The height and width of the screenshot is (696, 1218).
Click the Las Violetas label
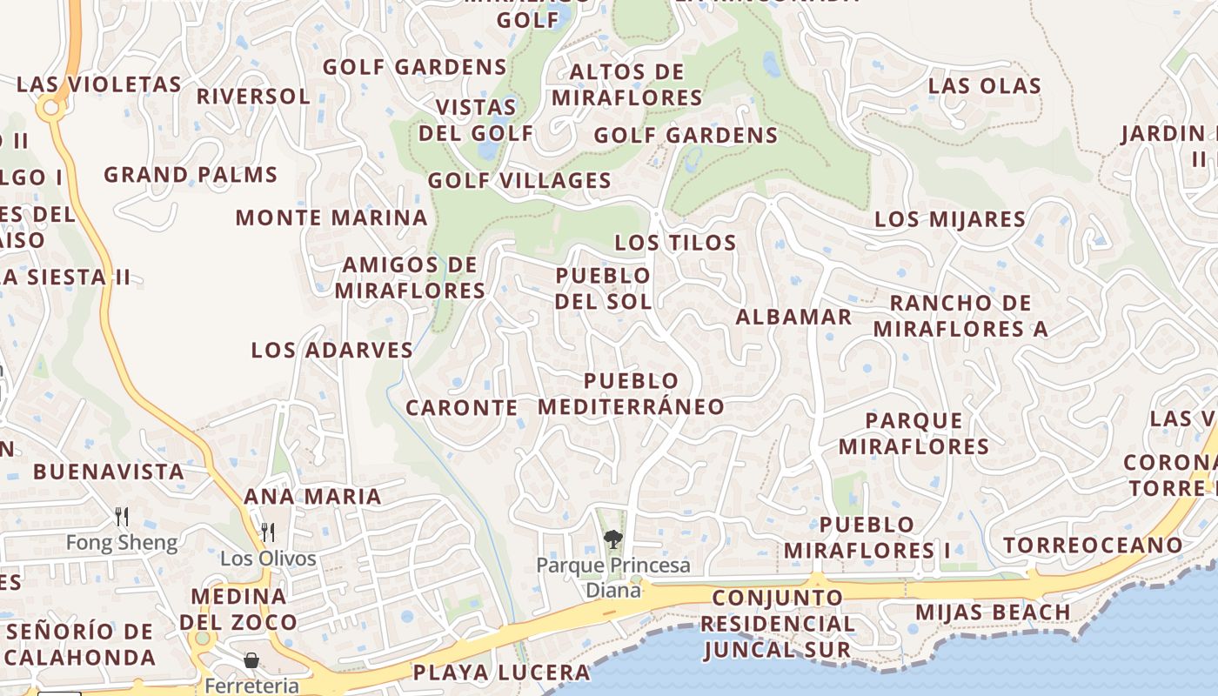[99, 85]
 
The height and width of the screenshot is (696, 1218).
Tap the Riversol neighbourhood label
[253, 97]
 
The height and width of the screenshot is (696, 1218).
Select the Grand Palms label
[191, 175]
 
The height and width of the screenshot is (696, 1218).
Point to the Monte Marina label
[331, 218]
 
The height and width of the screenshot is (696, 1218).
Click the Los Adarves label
[331, 351]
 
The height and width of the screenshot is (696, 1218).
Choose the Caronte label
[462, 408]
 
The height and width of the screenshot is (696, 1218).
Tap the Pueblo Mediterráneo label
[631, 394]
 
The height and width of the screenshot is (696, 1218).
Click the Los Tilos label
[675, 244]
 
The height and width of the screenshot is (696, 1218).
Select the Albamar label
[793, 318]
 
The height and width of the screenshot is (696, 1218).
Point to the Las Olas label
[984, 86]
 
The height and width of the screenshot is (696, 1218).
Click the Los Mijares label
[950, 219]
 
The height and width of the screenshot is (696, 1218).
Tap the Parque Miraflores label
[913, 434]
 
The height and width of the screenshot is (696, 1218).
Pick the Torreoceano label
[1093, 546]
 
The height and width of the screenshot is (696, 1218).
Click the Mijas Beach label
[993, 612]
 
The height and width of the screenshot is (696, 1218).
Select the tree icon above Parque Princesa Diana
[613, 539]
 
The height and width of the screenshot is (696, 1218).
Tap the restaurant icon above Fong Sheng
[122, 517]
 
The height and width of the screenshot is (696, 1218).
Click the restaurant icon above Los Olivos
[268, 532]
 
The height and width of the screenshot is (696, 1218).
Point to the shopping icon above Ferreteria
[251, 661]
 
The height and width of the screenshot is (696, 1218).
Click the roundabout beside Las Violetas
[50, 108]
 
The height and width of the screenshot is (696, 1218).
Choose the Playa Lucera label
[501, 673]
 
